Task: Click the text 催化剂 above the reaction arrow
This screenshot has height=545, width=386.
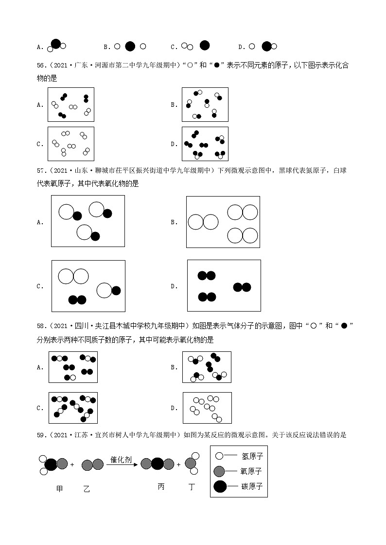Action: (x=121, y=459)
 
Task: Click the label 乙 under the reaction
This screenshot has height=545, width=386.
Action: (x=87, y=488)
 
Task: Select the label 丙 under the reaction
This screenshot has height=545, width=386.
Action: (x=161, y=486)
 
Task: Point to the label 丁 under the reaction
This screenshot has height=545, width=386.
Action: (x=192, y=486)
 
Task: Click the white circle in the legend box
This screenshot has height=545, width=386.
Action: (x=219, y=456)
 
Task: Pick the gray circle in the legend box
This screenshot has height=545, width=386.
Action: (x=219, y=471)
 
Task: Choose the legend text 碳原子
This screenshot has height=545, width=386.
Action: (x=251, y=486)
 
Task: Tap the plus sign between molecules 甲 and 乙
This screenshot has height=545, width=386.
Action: (x=72, y=465)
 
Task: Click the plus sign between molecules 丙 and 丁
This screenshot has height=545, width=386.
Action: (x=178, y=465)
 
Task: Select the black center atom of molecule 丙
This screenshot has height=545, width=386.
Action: (x=157, y=464)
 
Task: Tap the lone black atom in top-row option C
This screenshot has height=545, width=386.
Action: (x=205, y=45)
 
